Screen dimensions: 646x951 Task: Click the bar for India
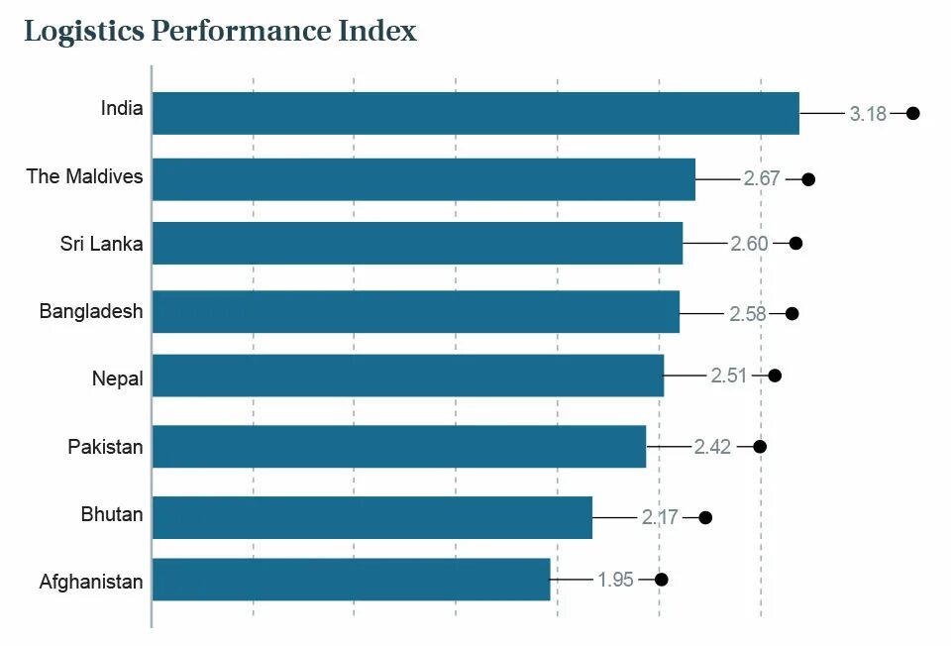[x=475, y=113]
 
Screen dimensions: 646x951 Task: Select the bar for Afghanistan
[x=351, y=580]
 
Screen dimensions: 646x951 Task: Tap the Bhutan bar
[x=371, y=517]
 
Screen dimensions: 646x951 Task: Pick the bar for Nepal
[x=407, y=376]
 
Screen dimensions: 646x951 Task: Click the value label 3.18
[x=868, y=114]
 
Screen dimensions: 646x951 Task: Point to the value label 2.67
[x=762, y=179]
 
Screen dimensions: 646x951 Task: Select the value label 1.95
[x=615, y=580]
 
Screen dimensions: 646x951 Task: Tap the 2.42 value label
[x=712, y=447]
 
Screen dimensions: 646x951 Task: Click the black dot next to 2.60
[x=795, y=243]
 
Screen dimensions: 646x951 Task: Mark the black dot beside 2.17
[x=705, y=517]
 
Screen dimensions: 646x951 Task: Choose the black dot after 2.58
[x=792, y=313]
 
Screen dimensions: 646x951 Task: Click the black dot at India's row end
[x=913, y=113]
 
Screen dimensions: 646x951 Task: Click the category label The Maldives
[x=84, y=176]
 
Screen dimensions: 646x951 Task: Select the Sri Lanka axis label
[x=101, y=244]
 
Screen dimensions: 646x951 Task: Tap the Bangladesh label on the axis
[x=91, y=311]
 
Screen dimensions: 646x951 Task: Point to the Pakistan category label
[x=105, y=447]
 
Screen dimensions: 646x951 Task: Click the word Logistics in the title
[x=83, y=32]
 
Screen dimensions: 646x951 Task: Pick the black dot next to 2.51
[x=775, y=376]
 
